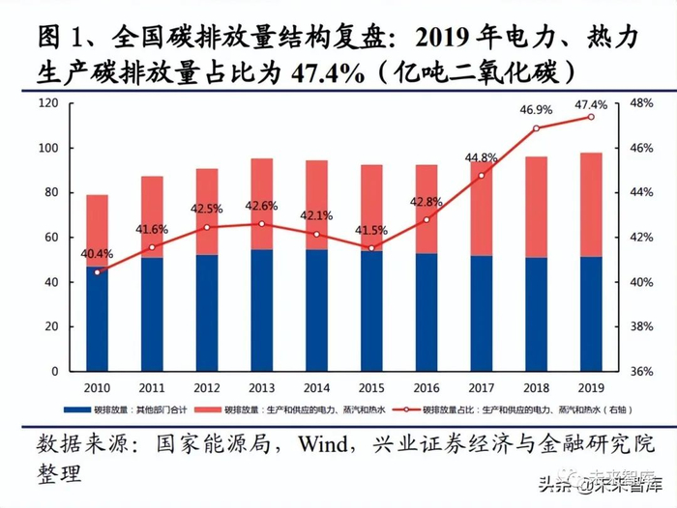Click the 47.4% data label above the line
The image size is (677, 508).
tap(591, 105)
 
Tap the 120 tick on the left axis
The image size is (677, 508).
tap(47, 103)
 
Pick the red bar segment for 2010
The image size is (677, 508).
tap(97, 231)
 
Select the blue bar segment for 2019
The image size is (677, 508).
tap(591, 314)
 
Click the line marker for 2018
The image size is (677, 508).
tap(536, 128)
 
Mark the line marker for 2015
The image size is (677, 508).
tap(371, 248)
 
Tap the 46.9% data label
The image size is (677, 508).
tap(536, 112)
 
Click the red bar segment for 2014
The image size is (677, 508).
tap(316, 205)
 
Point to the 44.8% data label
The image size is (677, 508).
tap(481, 157)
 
